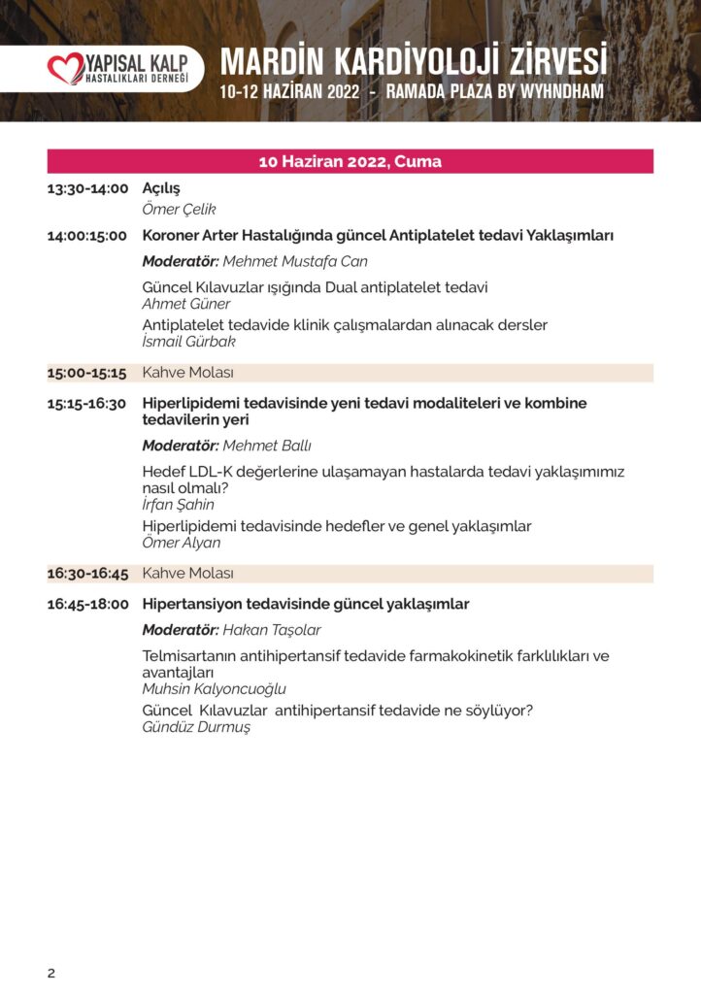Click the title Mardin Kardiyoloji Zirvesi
414,62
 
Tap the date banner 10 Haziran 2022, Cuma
350,161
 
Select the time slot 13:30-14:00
87,188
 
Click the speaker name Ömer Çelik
179,209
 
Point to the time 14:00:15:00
87,236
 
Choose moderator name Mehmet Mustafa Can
296,261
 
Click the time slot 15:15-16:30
87,403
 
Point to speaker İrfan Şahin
179,504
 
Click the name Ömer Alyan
182,543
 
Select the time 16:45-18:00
87,604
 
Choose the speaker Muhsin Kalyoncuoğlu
214,688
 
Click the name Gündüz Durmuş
196,726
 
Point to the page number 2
51,974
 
